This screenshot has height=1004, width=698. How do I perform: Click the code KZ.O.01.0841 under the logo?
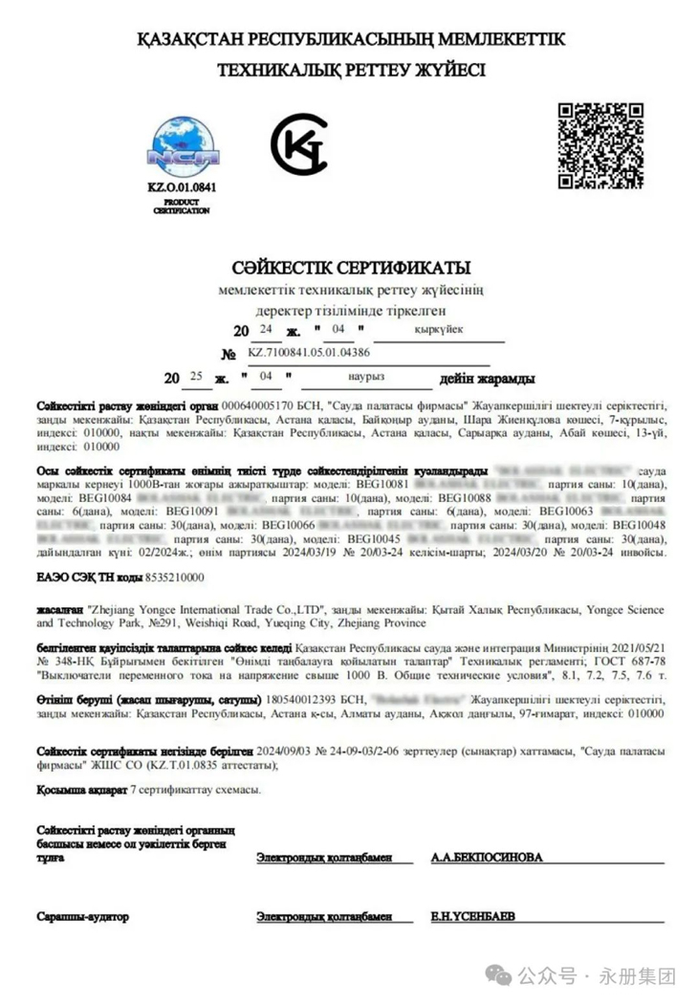coord(182,187)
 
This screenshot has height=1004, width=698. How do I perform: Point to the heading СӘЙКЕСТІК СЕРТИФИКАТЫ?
coord(350,269)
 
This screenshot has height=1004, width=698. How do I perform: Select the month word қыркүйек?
coord(438,330)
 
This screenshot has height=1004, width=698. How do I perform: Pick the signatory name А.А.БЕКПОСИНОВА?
coord(487,858)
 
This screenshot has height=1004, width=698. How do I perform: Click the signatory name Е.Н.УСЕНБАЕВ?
coord(472,916)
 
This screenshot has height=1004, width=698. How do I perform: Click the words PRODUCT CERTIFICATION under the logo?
coord(182,207)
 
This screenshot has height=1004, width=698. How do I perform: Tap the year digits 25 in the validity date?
coord(197,377)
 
